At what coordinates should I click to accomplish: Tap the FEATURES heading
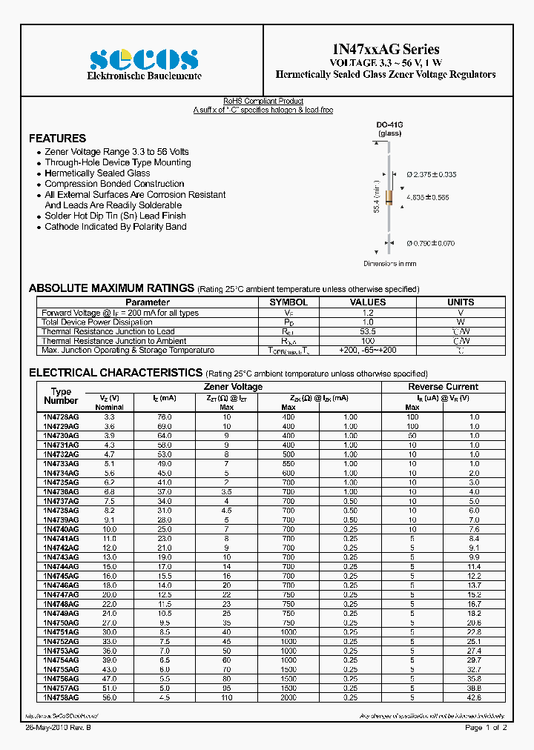pos(57,139)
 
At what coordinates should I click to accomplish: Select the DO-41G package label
pos(389,125)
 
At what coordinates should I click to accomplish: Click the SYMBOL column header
pos(289,302)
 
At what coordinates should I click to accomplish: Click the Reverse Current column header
pos(443,387)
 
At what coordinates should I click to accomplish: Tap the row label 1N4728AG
pos(61,417)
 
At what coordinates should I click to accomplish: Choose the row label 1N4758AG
pos(61,697)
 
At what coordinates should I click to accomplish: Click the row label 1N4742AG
pos(61,548)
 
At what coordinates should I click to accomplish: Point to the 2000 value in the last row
pos(289,697)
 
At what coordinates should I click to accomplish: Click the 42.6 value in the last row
pos(474,697)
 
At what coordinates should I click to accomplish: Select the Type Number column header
pos(61,396)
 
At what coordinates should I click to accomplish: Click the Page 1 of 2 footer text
pos(486,728)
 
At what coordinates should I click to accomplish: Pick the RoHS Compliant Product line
pos(263,102)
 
